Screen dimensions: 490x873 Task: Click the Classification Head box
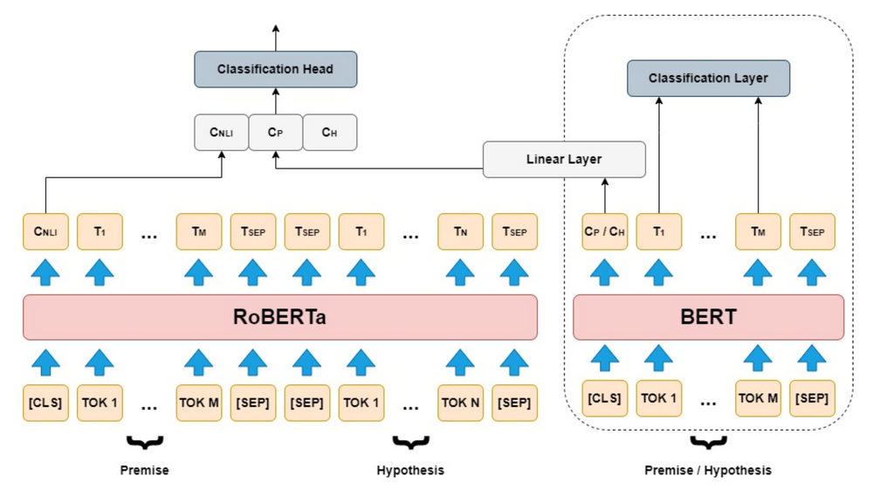275,69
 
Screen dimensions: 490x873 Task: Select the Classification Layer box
708,79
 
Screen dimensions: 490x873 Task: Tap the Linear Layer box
564,160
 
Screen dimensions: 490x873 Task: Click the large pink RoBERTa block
279,317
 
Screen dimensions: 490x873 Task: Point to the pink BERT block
708,317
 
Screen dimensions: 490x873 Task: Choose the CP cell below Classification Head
275,133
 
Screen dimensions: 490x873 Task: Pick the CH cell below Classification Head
329,133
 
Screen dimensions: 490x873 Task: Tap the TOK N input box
460,402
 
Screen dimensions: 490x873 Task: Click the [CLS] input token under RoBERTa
45,402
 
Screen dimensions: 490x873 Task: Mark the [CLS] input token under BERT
605,398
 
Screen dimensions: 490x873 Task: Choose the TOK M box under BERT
758,398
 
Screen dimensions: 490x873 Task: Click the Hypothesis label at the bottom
410,470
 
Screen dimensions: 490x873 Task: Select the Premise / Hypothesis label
708,470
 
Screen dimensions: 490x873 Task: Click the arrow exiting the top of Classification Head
275,38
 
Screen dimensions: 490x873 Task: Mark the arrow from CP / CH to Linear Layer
605,195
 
